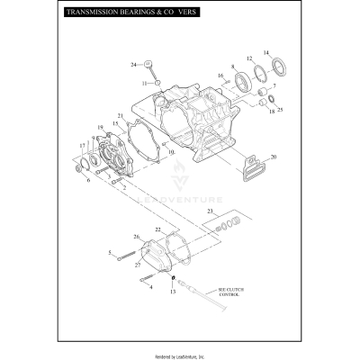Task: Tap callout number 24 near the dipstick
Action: click(x=132, y=65)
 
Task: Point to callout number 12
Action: click(x=249, y=58)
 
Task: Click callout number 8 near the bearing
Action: click(x=233, y=67)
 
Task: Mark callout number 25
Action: click(x=280, y=110)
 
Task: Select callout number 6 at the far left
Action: click(x=87, y=180)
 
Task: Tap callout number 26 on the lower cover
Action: click(x=137, y=237)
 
